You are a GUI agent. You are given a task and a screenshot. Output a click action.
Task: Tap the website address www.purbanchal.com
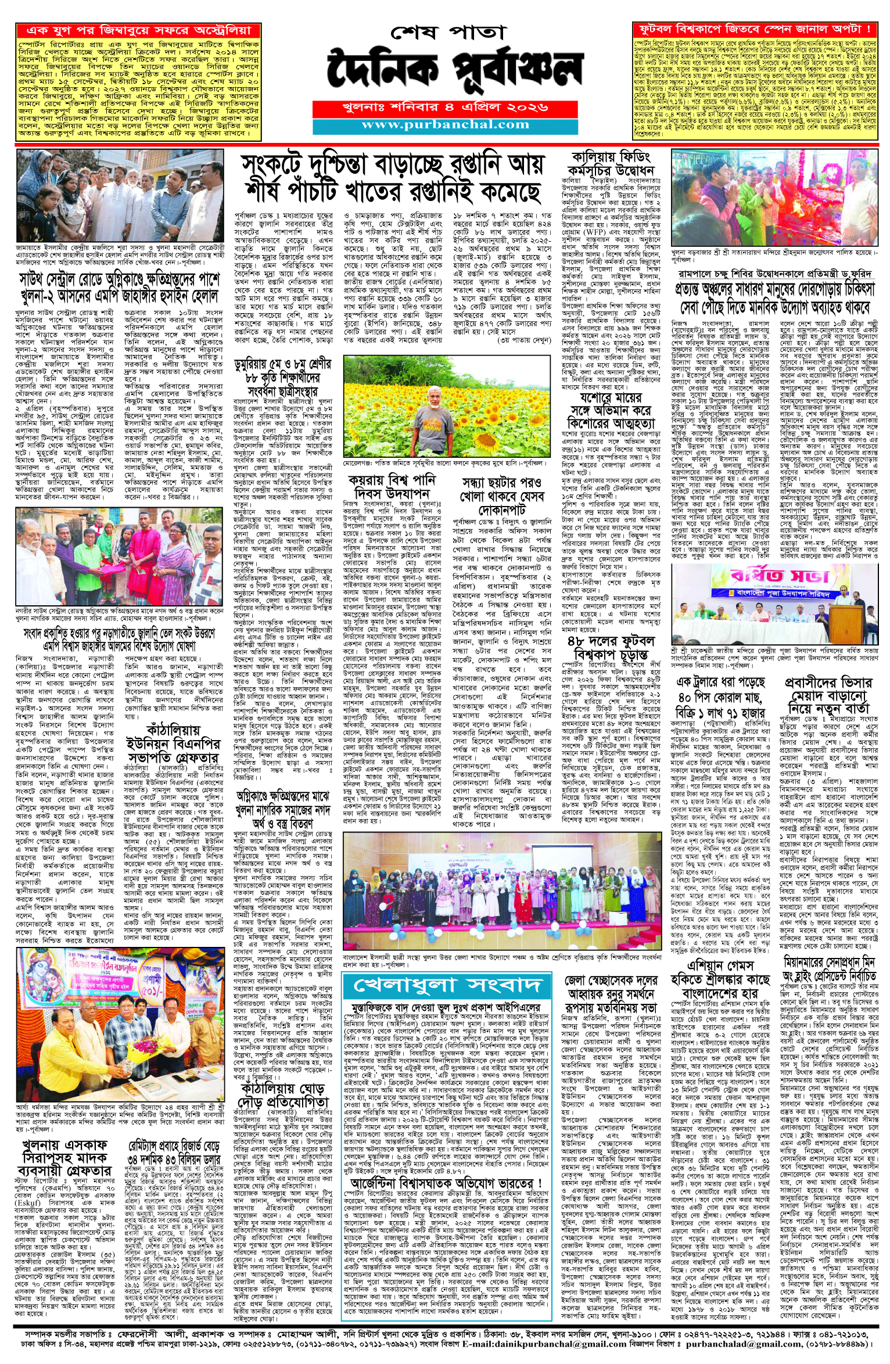pos(445,125)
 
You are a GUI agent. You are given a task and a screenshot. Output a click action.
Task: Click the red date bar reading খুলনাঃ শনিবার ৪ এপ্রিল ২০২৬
pos(445,108)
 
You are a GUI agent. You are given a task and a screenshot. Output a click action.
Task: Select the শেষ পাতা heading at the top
pos(446,32)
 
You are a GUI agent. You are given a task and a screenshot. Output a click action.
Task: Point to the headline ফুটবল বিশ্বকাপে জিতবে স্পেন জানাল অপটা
pos(755,29)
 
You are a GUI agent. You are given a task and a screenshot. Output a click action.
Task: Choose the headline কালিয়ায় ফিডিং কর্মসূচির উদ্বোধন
pos(611,163)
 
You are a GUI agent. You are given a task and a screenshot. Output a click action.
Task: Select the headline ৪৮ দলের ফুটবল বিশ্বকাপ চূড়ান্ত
pos(611,648)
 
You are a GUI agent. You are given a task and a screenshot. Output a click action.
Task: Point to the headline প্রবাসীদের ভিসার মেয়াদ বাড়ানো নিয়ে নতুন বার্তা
pos(828,695)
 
